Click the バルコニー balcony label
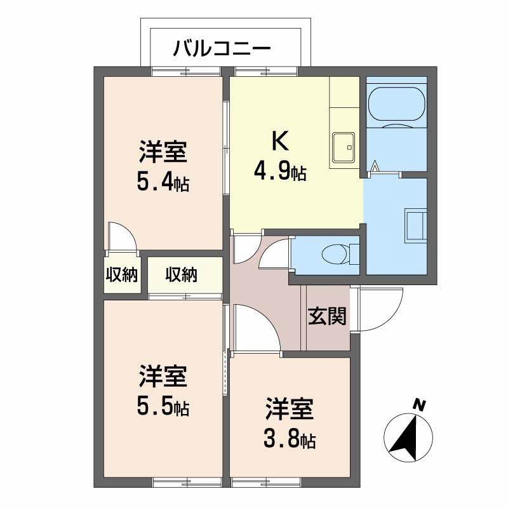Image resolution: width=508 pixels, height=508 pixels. tap(222, 49)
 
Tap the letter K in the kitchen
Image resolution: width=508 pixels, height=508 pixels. tap(280, 141)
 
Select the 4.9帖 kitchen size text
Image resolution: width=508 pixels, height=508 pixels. tap(280, 172)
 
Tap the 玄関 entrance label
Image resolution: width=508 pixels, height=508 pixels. tap(327, 316)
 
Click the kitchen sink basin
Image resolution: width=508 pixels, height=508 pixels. tap(344, 147)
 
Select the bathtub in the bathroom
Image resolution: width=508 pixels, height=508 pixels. tap(398, 105)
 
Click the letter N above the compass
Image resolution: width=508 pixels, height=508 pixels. tap(419, 405)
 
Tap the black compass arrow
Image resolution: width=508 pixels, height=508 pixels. tap(405, 440)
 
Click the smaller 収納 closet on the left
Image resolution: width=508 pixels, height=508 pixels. tap(122, 275)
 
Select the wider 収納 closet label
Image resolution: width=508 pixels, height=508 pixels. tap(182, 275)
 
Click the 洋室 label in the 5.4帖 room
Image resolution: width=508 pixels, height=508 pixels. tap(163, 152)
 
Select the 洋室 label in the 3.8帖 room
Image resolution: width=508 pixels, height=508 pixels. tap(290, 408)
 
